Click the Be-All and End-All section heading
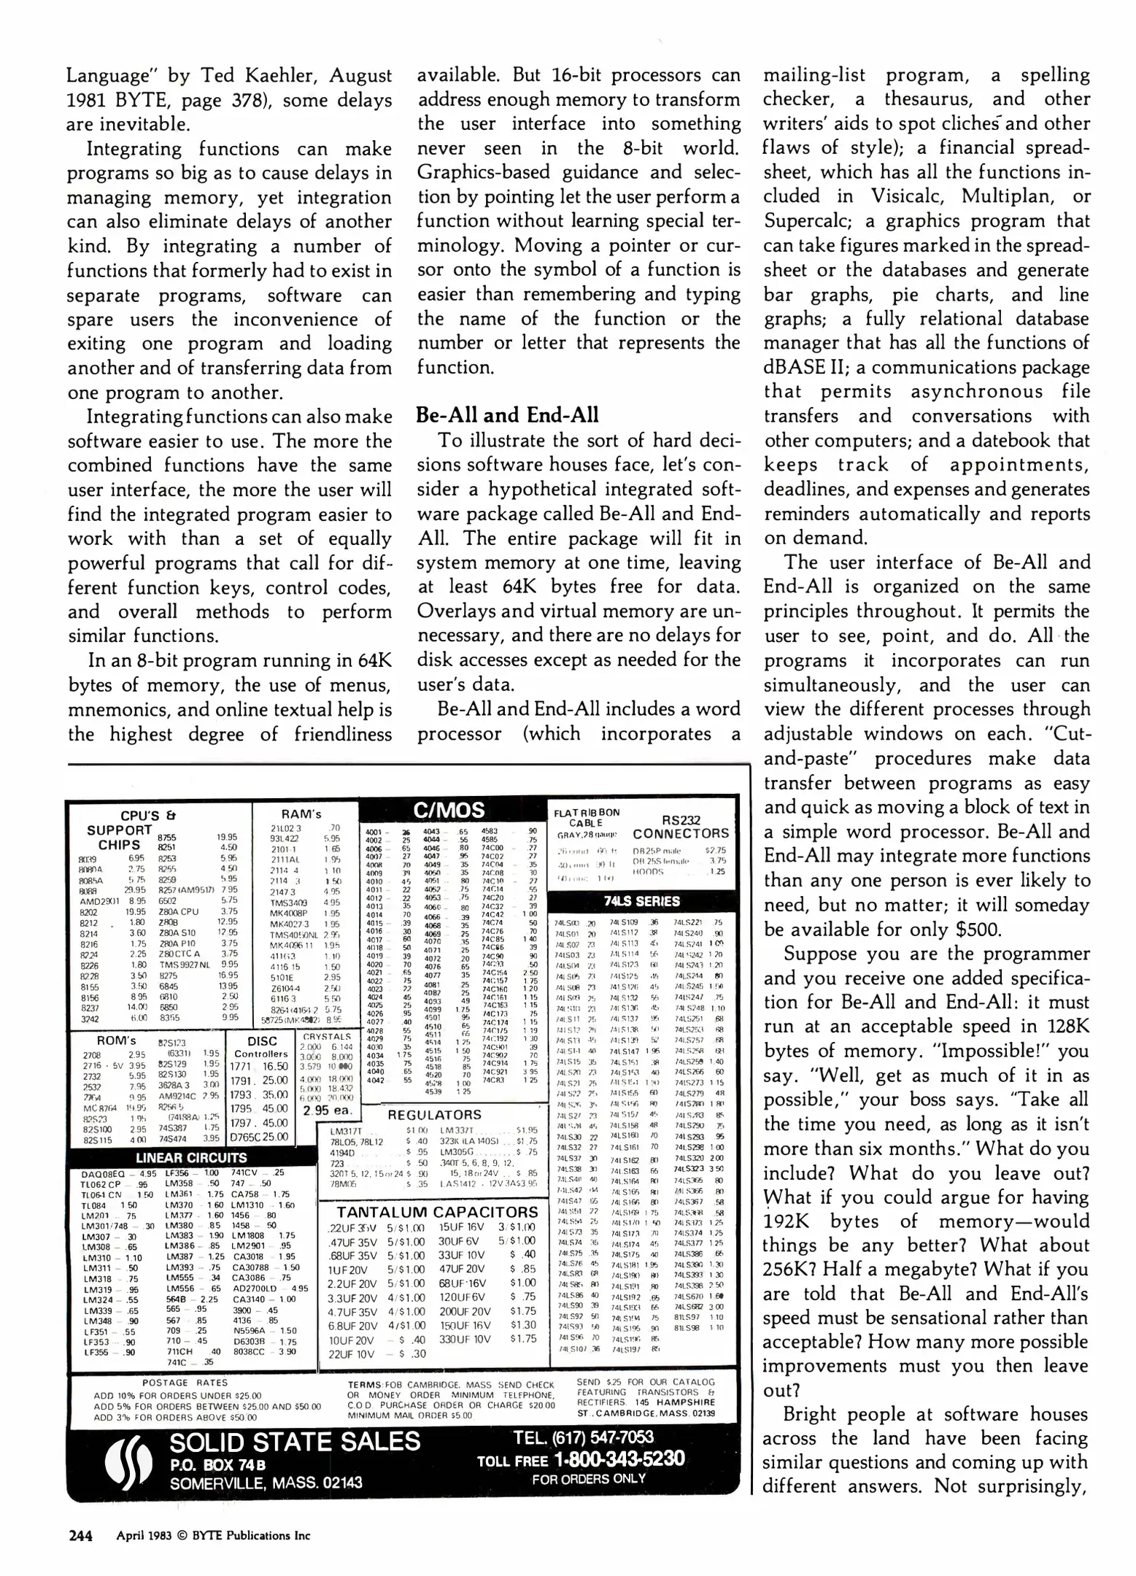tap(506, 415)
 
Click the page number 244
tap(80, 1535)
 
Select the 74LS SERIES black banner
tap(641, 901)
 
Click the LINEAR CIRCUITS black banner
tap(192, 1158)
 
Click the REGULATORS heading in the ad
tap(434, 1115)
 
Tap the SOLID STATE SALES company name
tap(295, 1442)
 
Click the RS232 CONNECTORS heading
tap(680, 827)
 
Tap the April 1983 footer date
tap(143, 1535)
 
